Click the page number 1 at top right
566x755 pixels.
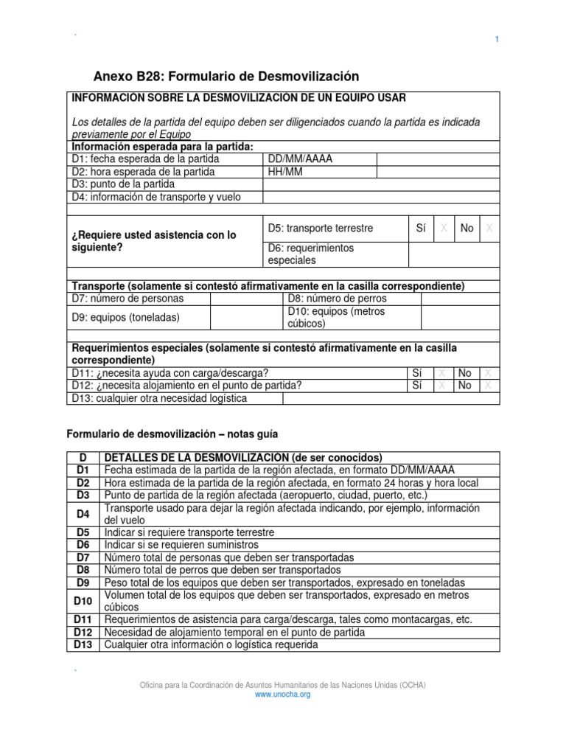pos(497,40)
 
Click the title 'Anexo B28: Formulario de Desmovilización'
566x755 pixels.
pos(226,76)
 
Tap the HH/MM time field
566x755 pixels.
pos(285,172)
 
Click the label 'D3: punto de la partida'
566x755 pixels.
pos(123,184)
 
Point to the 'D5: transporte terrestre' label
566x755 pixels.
pos(321,229)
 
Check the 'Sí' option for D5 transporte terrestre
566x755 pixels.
pos(421,229)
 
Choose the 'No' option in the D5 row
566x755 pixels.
pos(467,229)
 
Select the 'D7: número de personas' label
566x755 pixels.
pos(127,299)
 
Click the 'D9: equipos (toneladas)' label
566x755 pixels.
pos(125,317)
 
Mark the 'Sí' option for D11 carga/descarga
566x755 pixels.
pos(418,373)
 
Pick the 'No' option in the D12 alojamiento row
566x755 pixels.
pos(464,385)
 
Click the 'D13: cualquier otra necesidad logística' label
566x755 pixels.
pos(159,398)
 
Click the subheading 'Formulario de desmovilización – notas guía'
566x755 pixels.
pos(172,434)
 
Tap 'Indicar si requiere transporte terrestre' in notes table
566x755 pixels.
pos(189,532)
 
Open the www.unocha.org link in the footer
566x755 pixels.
pos(283,695)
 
